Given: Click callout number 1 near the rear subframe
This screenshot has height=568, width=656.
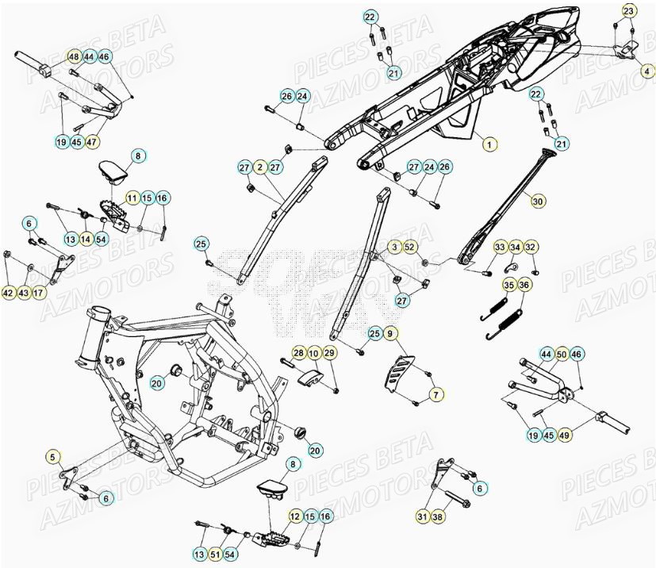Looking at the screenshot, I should [489, 144].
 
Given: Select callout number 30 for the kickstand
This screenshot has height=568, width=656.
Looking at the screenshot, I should [539, 202].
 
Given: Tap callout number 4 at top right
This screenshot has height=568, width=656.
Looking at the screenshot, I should [644, 71].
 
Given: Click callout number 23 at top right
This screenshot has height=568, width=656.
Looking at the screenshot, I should [628, 11].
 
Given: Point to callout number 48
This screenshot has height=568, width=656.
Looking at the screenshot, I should [73, 57].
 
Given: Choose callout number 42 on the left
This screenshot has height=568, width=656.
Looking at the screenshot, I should [8, 293].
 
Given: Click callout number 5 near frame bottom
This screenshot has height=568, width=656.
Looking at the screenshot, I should [52, 456].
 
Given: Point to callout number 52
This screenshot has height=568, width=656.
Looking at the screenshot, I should [409, 248].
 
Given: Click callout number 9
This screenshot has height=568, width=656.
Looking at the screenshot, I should [389, 334].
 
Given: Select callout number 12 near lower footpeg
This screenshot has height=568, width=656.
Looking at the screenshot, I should [295, 516].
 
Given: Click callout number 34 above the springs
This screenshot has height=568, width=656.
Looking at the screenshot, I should [515, 248].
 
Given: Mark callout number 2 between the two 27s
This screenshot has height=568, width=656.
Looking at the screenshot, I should [259, 167].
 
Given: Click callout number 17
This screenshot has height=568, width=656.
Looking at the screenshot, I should [40, 293].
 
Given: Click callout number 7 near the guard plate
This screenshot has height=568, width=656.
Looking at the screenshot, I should [435, 393].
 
